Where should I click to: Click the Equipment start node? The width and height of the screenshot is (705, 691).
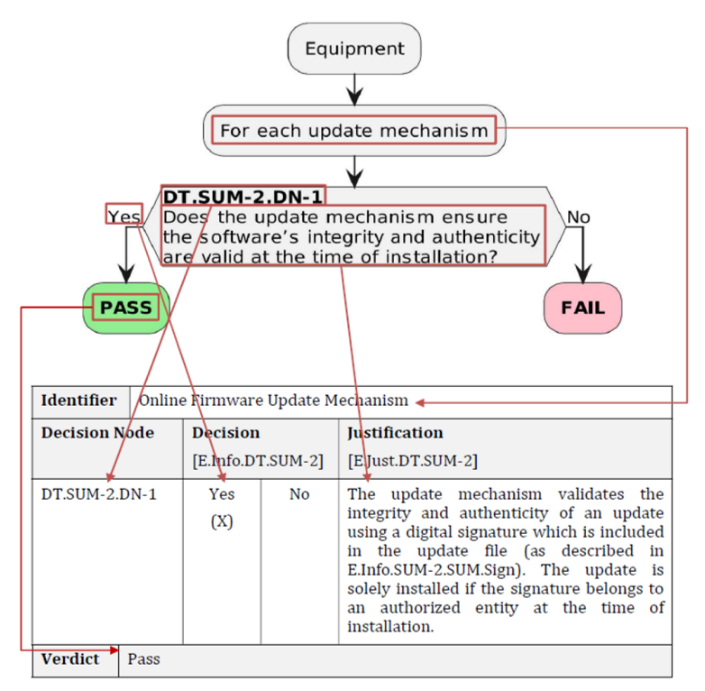[354, 49]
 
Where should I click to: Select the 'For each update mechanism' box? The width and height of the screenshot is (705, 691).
[354, 131]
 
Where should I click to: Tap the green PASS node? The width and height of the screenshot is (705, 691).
[126, 308]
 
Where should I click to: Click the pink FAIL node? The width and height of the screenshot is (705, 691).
[582, 308]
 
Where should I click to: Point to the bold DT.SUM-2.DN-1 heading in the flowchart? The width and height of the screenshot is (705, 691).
[243, 197]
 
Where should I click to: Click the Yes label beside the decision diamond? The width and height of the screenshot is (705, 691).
[124, 217]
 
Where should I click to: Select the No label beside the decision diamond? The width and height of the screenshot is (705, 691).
[578, 217]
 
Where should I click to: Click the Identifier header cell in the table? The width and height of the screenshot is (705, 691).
[79, 400]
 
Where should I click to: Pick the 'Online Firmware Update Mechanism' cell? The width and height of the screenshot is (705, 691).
[273, 400]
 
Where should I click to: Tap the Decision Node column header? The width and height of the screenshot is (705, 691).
[97, 433]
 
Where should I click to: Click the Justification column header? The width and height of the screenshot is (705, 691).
[395, 433]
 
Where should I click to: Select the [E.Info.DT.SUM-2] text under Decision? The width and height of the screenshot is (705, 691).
[258, 461]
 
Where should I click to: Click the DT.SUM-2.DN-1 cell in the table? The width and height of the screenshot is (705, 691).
[98, 494]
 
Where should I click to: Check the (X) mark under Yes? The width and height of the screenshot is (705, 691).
[222, 521]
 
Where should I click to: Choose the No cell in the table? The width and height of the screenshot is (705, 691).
[299, 494]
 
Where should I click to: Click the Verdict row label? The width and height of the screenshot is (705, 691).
[70, 659]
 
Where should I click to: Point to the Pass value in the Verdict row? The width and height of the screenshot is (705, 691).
[143, 659]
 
